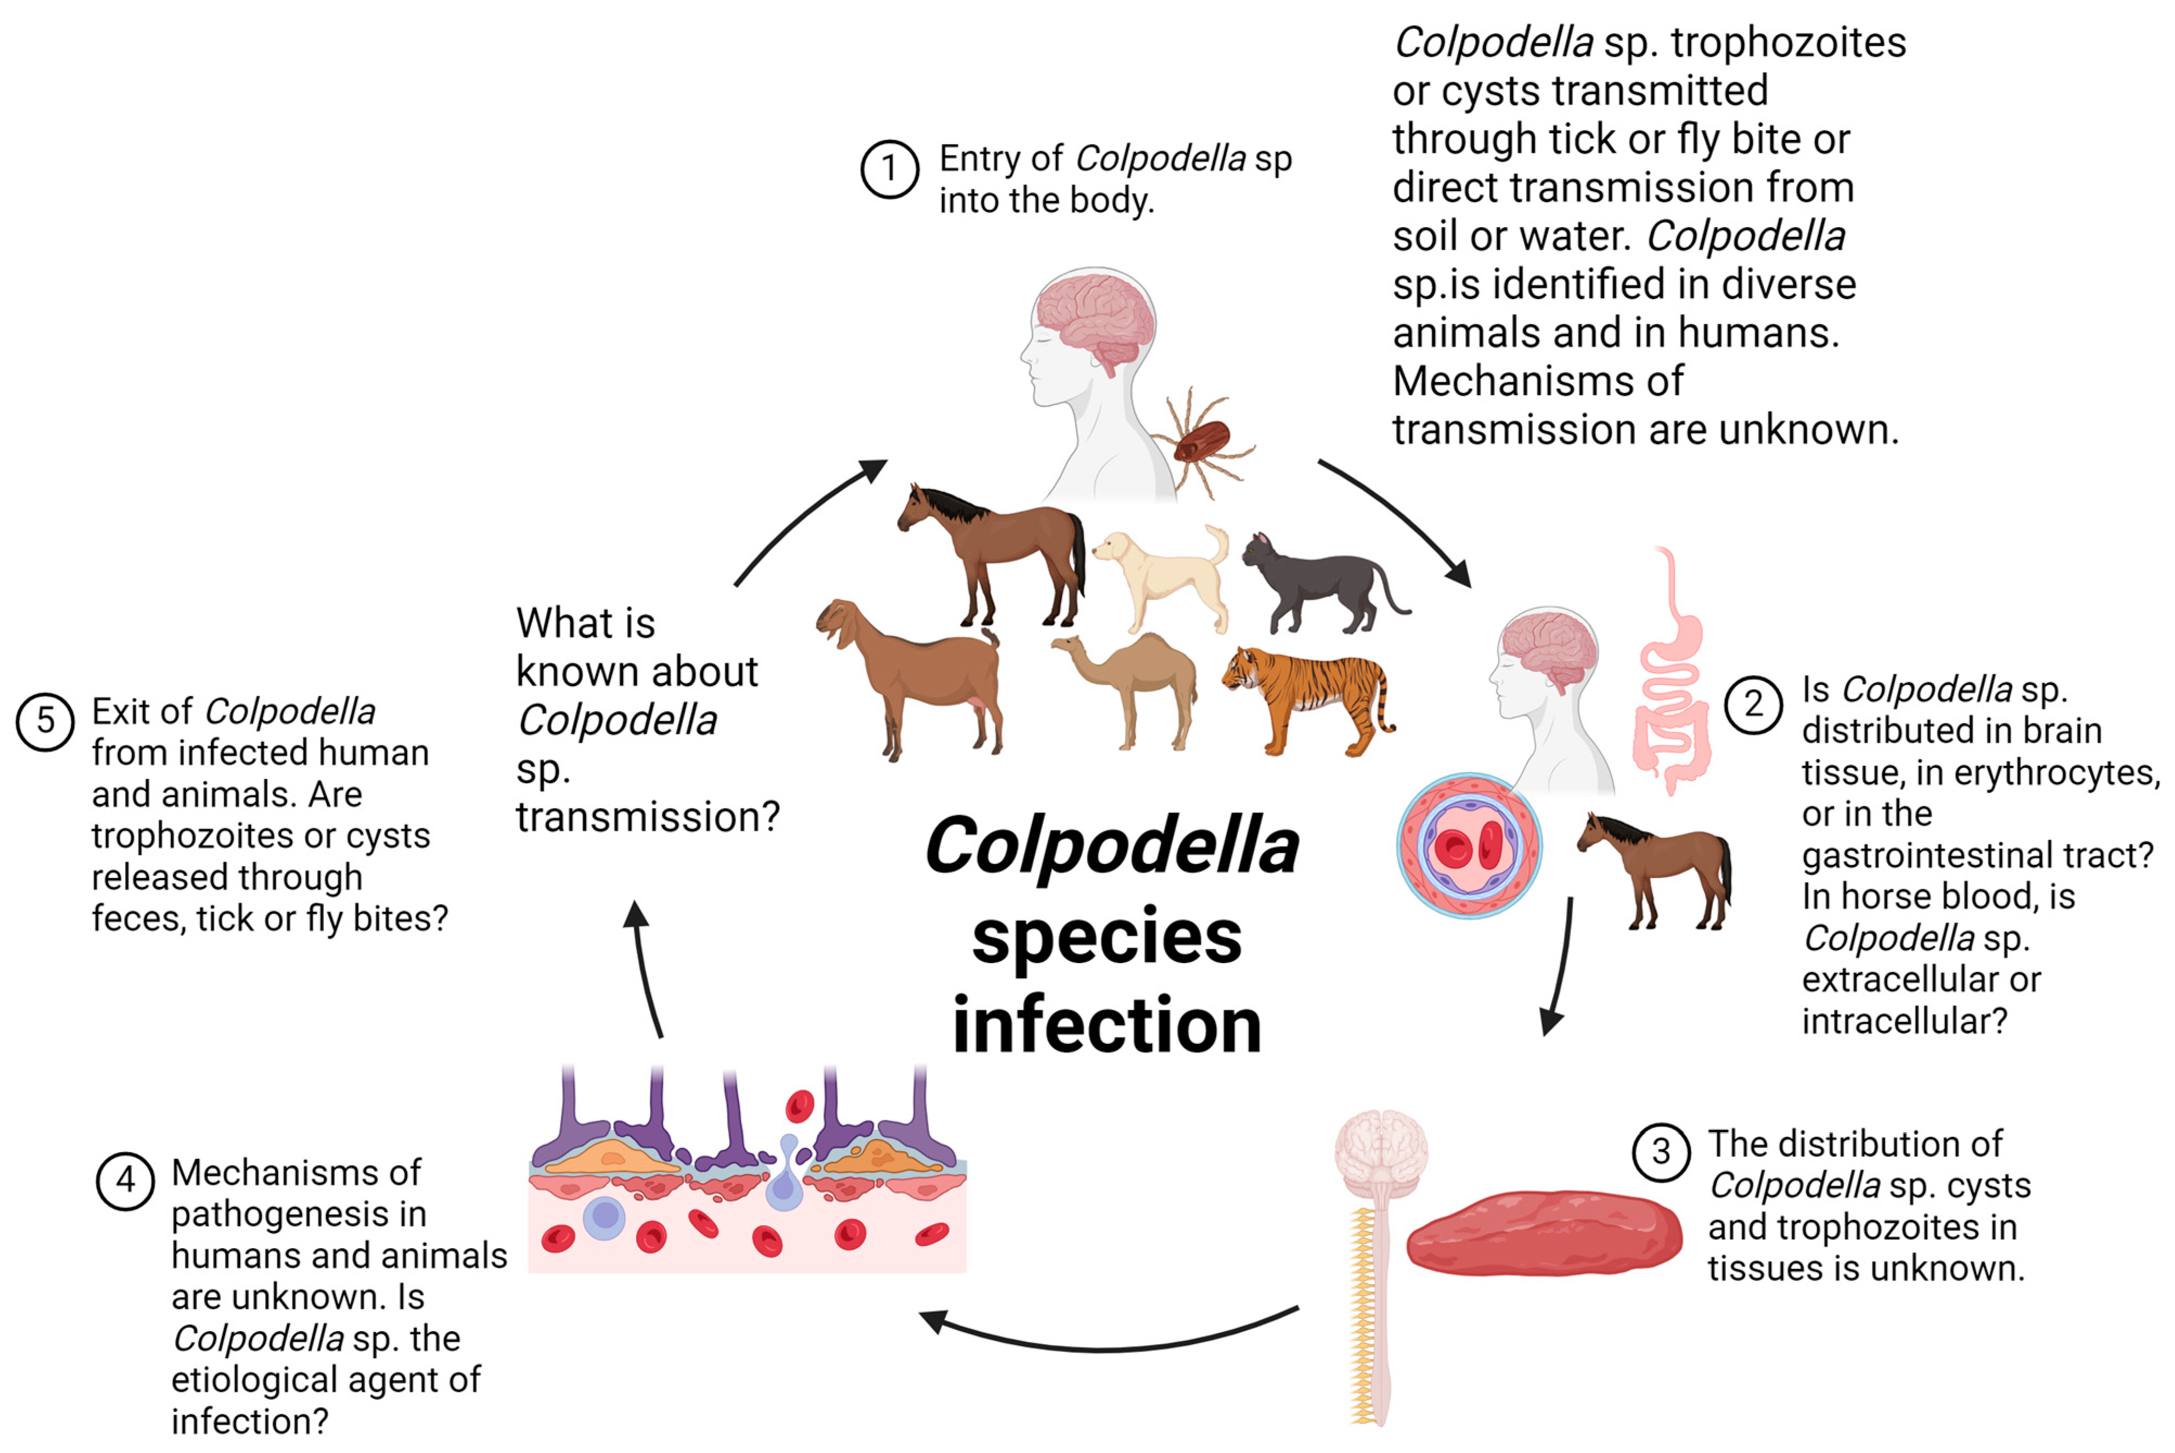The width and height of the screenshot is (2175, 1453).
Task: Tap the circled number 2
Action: point(1753,705)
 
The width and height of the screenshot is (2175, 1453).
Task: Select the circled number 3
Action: point(1661,1152)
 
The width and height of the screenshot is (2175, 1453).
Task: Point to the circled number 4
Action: point(125,1180)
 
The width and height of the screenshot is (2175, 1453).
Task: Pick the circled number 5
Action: point(44,720)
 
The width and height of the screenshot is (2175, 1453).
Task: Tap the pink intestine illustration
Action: point(1672,676)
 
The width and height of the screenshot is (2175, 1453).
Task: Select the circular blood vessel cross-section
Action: point(1469,845)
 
